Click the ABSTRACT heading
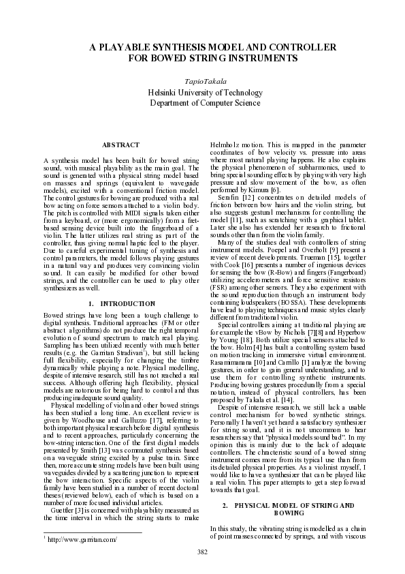pos(120,145)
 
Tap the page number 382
pos(202,551)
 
